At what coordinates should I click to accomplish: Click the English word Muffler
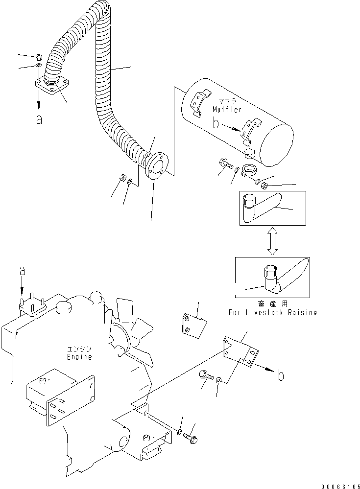227,110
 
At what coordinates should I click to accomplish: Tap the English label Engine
79,357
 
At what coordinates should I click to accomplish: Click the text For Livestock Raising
273,312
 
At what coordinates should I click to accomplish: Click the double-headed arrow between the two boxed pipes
273,241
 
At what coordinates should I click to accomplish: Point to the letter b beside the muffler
216,123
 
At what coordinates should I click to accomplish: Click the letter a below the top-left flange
39,119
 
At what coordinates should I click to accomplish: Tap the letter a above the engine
22,271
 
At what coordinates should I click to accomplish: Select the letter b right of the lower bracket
281,376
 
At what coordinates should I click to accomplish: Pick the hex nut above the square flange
39,57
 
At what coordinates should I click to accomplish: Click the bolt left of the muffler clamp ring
226,163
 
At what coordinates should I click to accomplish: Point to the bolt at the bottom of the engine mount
191,438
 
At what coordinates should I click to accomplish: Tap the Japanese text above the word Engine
79,349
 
